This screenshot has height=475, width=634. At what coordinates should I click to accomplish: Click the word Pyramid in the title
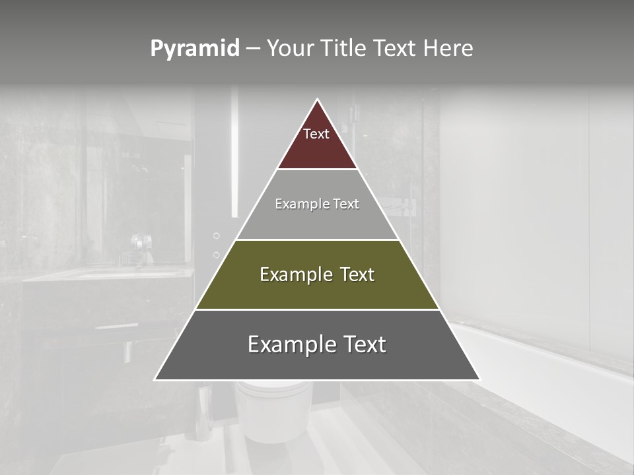pyautogui.click(x=195, y=49)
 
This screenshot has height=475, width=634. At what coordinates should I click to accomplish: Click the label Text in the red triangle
pyautogui.click(x=316, y=134)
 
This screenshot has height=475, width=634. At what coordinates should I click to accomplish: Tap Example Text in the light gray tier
pyautogui.click(x=317, y=204)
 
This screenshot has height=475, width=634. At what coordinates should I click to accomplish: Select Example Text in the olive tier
pyautogui.click(x=317, y=274)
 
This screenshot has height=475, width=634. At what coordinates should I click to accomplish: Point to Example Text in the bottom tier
pyautogui.click(x=317, y=344)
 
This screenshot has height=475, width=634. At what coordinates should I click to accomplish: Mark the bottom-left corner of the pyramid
pyautogui.click(x=156, y=379)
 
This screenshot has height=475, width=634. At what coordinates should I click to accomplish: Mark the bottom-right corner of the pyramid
pyautogui.click(x=479, y=379)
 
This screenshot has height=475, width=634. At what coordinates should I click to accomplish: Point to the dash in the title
pyautogui.click(x=253, y=49)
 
